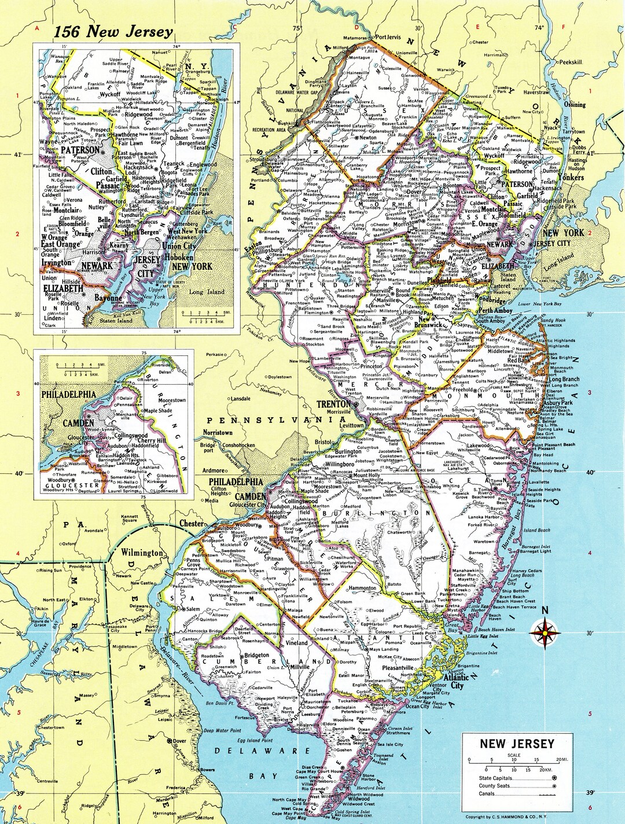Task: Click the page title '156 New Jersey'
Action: tap(113, 32)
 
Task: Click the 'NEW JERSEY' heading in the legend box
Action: tap(517, 744)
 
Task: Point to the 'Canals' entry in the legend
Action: tap(487, 794)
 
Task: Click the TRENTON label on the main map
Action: tap(333, 404)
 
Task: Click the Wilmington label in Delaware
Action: tap(142, 552)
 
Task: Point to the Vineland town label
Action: tap(297, 642)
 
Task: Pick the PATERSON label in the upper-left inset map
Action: tap(80, 150)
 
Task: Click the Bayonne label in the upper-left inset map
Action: tap(108, 298)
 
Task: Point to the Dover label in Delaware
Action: tap(179, 741)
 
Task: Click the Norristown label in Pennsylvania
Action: tap(218, 432)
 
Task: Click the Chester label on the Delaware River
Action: tap(191, 524)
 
